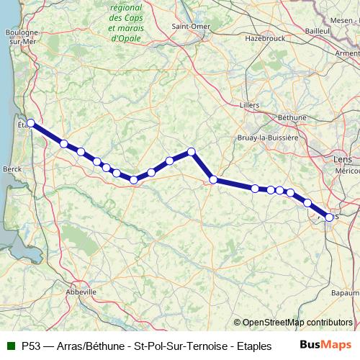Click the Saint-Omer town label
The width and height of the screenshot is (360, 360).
(191, 27)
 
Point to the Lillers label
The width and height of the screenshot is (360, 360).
(249, 105)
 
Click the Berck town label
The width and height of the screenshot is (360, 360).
(12, 168)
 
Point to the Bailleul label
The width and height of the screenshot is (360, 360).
(317, 32)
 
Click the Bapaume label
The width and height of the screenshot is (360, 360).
(346, 293)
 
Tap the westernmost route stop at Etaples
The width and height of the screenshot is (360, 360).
(31, 123)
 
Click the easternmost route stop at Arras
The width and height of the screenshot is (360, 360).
(330, 217)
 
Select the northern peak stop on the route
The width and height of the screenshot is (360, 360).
(192, 151)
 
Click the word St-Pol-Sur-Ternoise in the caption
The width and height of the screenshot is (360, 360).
(179, 346)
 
